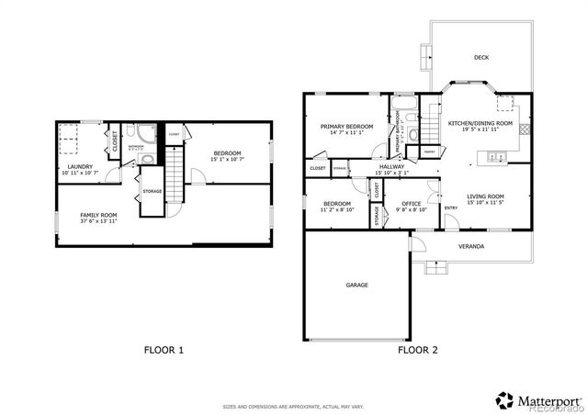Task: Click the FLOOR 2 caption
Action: (418, 350)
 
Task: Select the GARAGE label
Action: (356, 286)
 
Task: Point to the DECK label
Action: (481, 58)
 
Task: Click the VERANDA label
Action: (471, 246)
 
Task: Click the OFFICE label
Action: (411, 204)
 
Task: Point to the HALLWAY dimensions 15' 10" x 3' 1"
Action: (391, 173)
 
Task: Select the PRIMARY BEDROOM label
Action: (346, 126)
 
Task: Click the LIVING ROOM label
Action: (485, 196)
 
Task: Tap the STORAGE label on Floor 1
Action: (153, 191)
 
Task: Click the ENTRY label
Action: (451, 207)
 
